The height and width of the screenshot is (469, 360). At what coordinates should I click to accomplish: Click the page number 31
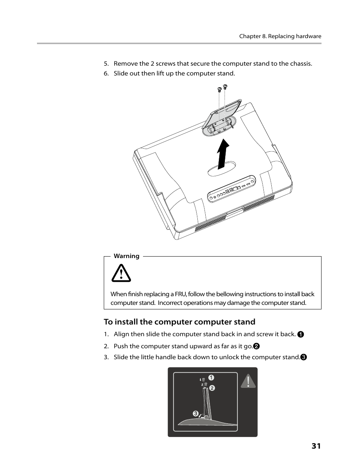point(316,446)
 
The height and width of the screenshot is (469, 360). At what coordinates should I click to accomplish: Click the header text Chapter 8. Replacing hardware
point(280,36)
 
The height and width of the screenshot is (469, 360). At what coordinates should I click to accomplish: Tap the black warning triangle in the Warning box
point(121,274)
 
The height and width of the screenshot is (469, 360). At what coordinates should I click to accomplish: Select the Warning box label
point(126,256)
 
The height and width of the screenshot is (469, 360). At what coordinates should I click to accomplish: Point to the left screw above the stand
point(219,89)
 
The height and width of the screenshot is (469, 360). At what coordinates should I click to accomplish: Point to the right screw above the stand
point(225,86)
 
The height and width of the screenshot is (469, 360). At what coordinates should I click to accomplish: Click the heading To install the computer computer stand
point(180,321)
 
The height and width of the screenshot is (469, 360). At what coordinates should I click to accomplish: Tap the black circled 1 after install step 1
point(300,334)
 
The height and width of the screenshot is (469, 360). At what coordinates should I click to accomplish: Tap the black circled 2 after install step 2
point(256,346)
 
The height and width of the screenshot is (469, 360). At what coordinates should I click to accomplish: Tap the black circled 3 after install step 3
point(303,357)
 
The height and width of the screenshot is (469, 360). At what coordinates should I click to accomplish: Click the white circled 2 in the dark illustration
point(212,388)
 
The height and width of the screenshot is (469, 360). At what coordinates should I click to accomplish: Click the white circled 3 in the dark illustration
point(195,414)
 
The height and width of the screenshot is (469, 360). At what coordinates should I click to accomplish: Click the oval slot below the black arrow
point(222,169)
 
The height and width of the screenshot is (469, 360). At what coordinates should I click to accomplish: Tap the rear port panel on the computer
point(232,189)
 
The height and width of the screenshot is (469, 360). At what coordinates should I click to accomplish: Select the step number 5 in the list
point(106,63)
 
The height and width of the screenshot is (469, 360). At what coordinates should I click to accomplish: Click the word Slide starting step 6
point(121,73)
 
